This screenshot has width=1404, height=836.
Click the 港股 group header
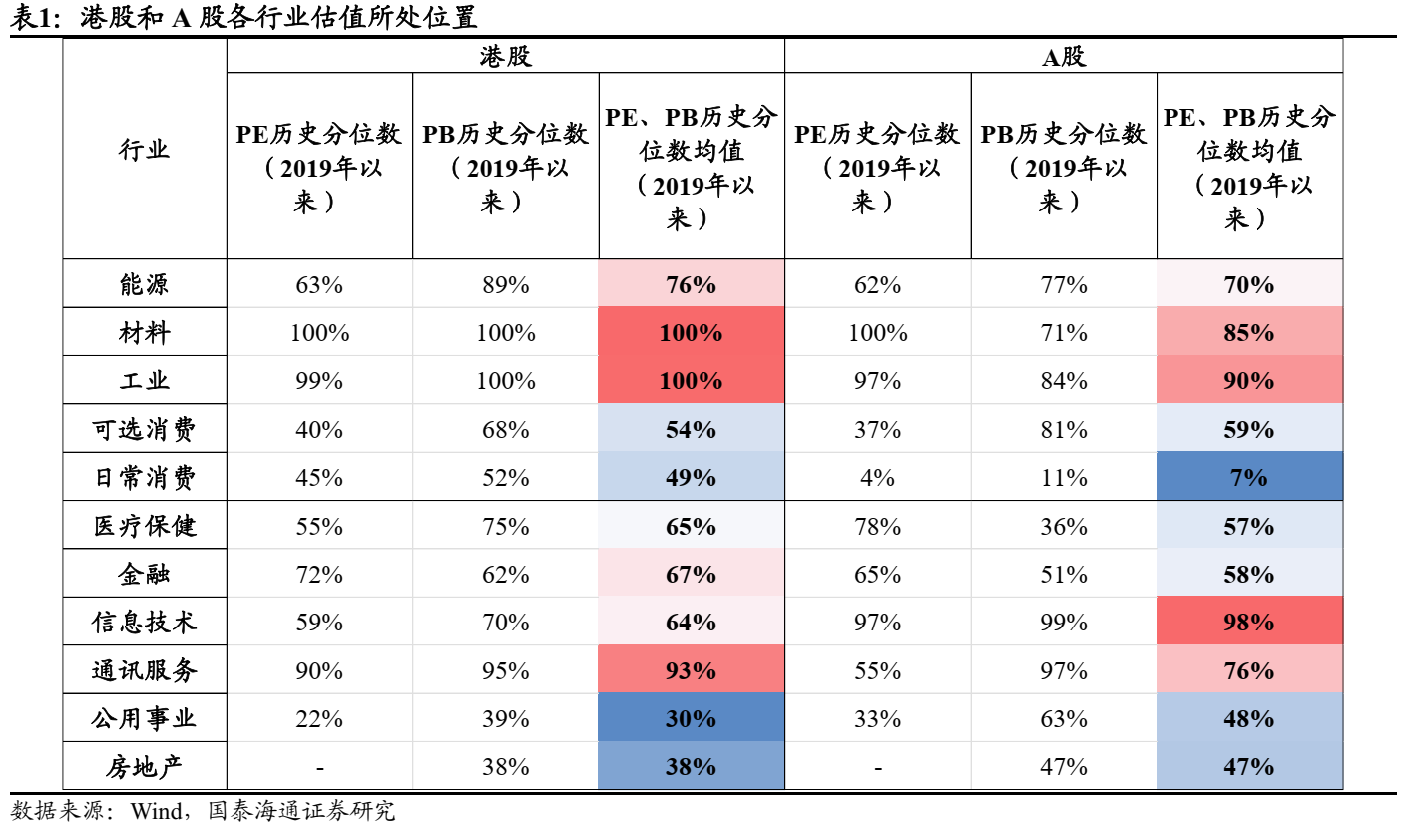[x=505, y=56]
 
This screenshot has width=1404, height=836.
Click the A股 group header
[x=1064, y=56]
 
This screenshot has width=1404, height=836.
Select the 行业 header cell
[x=145, y=150]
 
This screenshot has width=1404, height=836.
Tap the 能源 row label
[x=145, y=285]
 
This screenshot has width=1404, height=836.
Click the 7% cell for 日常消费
[x=1249, y=478]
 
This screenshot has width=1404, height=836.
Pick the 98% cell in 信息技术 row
[x=1249, y=623]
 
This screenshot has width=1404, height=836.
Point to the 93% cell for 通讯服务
[x=692, y=670]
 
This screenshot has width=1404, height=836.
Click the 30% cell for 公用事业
[x=692, y=719]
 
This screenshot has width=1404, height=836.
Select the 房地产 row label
[x=145, y=767]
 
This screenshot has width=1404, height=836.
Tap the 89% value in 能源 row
[x=505, y=285]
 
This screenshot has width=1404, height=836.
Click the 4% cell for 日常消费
[x=877, y=478]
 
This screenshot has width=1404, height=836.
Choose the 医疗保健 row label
[x=145, y=526]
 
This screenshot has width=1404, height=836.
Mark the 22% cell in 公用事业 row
[x=319, y=719]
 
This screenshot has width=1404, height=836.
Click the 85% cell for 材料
[x=1249, y=333]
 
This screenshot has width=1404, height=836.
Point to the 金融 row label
[x=145, y=575]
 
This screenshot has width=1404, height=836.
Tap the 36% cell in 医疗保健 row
[x=1064, y=526]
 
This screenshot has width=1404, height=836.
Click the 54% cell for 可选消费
[x=692, y=430]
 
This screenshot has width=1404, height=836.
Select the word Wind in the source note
[x=155, y=811]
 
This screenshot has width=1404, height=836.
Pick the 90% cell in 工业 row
[x=1249, y=381]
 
